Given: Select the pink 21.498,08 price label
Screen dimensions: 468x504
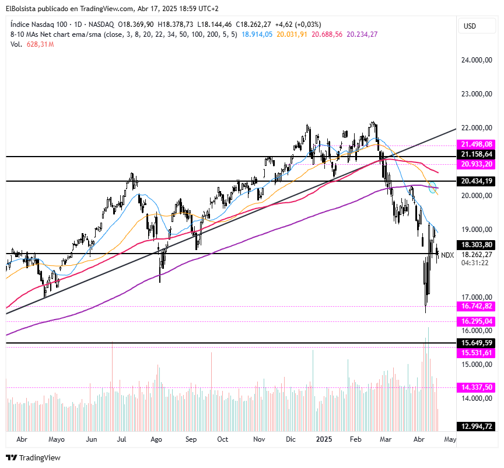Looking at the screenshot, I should [477, 144].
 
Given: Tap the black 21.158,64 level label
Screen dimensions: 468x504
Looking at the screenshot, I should [477, 154].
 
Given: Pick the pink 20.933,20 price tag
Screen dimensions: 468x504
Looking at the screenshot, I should [477, 164].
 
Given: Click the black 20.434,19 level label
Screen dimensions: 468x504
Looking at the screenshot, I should [477, 182].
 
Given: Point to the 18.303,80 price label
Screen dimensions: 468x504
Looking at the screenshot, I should [477, 245].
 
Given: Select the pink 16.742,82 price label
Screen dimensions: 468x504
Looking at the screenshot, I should [477, 306].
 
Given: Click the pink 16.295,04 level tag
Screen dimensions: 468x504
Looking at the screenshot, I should [477, 321].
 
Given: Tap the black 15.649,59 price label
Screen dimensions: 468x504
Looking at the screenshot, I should [477, 343].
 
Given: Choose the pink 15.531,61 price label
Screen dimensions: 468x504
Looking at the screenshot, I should [477, 353].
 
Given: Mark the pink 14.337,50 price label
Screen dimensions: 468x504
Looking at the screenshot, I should [477, 387].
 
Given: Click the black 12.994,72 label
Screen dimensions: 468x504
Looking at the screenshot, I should [477, 427].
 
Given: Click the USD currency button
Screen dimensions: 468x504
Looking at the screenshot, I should [470, 26].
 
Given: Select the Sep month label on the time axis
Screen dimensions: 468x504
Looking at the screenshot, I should [191, 439].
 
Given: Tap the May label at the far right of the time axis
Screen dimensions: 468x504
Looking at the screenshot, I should [449, 439].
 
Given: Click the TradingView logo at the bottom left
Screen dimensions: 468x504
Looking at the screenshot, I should [33, 458].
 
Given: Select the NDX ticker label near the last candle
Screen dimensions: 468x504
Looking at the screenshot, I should [447, 255].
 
